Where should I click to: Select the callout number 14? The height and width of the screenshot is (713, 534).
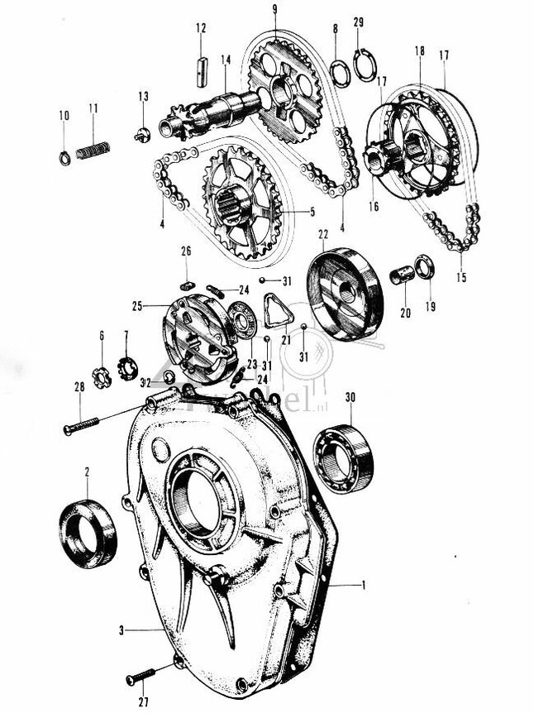click(225, 59)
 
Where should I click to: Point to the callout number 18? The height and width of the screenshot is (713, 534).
click(420, 50)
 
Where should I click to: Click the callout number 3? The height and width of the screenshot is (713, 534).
click(122, 630)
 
